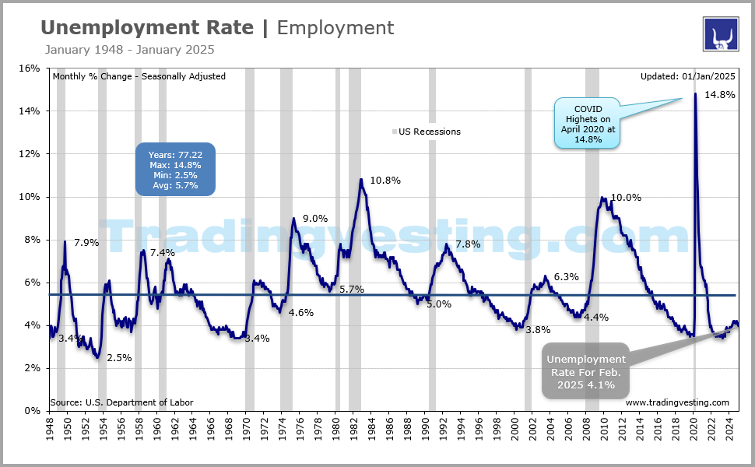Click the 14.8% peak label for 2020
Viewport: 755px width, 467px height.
720,95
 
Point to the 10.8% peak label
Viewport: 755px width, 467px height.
385,181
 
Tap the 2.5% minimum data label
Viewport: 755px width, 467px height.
119,358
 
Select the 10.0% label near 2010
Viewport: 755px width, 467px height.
626,198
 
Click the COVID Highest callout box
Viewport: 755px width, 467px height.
588,124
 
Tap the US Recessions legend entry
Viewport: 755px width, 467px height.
429,132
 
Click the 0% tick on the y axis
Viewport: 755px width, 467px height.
32,410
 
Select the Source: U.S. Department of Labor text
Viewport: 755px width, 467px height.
121,402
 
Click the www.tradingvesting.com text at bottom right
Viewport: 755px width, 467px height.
677,402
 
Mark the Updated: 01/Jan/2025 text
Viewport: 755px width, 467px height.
687,76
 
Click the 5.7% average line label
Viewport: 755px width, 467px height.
352,289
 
